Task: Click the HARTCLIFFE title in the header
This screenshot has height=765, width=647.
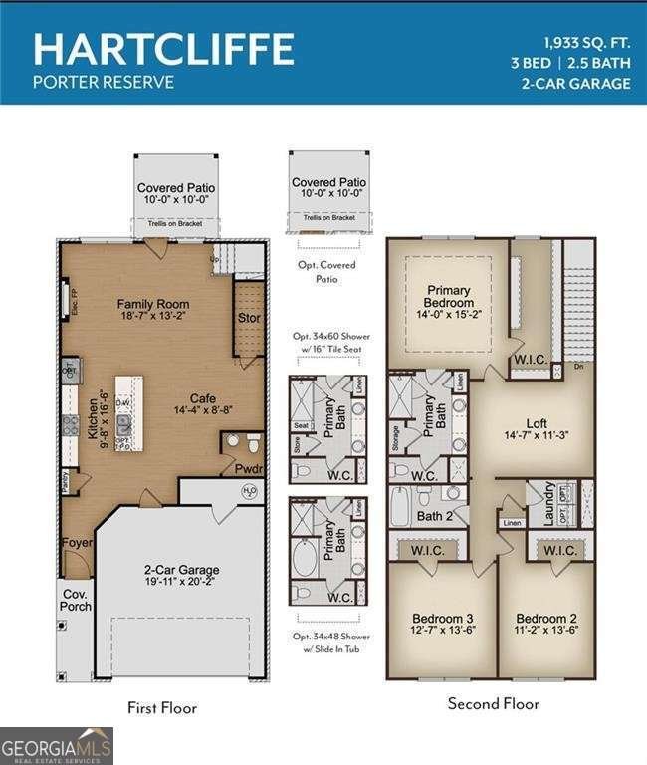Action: click(163, 48)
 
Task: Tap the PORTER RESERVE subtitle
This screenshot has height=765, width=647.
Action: click(104, 82)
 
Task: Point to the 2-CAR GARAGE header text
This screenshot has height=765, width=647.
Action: click(575, 83)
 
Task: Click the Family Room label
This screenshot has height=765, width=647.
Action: click(153, 304)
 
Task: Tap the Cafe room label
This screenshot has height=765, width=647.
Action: click(203, 398)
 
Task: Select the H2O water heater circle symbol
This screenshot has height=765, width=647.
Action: click(250, 491)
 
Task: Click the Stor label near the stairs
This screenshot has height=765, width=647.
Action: click(249, 319)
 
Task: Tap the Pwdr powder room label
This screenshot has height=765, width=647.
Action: click(249, 467)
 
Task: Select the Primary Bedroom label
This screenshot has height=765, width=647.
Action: click(448, 296)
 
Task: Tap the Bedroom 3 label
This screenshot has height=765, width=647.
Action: click(441, 618)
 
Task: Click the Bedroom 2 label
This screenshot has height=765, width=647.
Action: click(547, 618)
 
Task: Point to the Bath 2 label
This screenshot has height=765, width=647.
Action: click(435, 516)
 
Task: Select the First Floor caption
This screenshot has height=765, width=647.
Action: click(162, 708)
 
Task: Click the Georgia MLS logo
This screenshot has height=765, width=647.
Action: click(57, 745)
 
